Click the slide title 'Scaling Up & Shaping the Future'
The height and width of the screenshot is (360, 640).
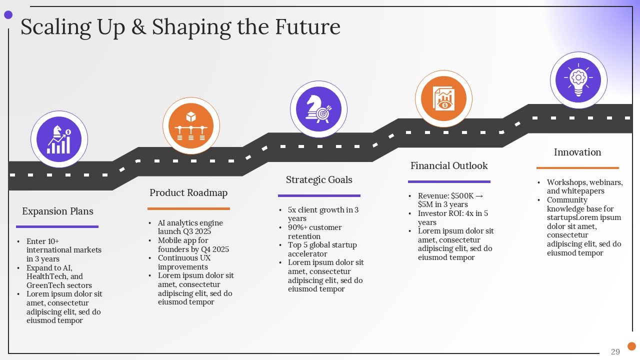tap(180, 27)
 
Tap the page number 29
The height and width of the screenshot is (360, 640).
tap(615, 352)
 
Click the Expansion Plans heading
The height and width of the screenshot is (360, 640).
tap(57, 211)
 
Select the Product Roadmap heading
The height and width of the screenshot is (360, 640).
tap(188, 193)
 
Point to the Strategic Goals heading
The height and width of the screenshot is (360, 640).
tap(319, 180)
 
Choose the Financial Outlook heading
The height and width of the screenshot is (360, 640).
tap(449, 166)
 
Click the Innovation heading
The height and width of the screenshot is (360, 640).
tap(577, 152)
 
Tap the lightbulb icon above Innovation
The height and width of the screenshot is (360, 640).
tap(578, 79)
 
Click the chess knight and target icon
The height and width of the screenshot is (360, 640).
tap(318, 109)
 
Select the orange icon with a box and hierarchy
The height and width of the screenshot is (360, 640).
tap(191, 125)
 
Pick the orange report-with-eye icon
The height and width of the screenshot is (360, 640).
tap(443, 98)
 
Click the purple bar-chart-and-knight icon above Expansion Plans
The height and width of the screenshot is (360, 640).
tap(59, 139)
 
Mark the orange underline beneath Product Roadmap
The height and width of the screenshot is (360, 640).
tap(188, 208)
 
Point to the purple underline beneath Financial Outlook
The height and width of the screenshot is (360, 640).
tap(449, 181)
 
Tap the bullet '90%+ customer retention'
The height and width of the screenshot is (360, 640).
tap(314, 231)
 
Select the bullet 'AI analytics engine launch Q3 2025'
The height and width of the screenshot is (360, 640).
tap(190, 227)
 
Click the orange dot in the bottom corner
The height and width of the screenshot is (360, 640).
tap(631, 346)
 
